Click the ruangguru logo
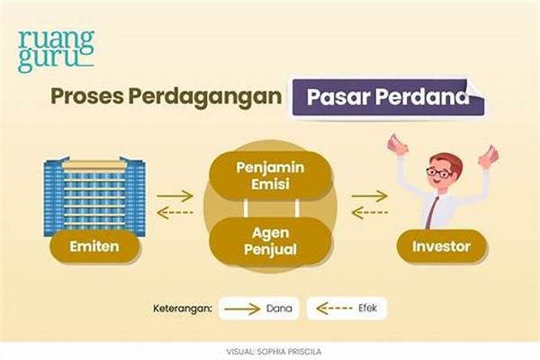(56, 51)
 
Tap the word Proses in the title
(87, 96)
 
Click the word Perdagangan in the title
(205, 97)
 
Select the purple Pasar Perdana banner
(389, 97)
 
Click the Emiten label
(94, 247)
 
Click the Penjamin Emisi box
(270, 175)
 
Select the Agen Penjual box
(270, 241)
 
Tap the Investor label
(441, 247)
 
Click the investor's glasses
(439, 172)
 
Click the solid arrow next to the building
(175, 196)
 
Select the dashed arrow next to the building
(175, 212)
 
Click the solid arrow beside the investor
(370, 196)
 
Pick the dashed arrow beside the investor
(370, 212)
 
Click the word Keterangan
(182, 309)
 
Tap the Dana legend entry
(259, 309)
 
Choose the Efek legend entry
(346, 308)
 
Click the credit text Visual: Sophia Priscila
(274, 352)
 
